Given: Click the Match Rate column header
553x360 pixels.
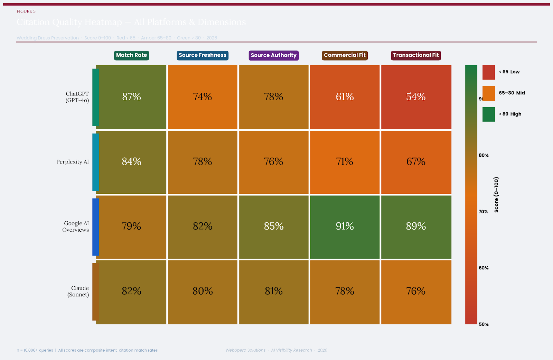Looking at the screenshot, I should tap(131, 55).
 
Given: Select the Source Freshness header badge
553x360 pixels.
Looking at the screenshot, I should tap(203, 55).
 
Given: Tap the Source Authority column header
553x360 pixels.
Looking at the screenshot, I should tap(273, 55).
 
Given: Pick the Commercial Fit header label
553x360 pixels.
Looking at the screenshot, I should tap(345, 55).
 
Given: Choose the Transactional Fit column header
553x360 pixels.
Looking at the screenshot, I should tap(416, 55).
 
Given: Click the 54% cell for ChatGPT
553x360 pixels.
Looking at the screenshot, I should tap(416, 97).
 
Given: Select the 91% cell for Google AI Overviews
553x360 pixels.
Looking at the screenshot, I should tap(345, 227).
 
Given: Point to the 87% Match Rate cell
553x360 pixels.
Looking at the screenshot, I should tap(131, 97).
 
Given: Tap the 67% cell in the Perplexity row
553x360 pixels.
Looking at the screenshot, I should tap(416, 161).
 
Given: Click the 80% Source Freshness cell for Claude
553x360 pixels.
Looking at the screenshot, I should tap(203, 291).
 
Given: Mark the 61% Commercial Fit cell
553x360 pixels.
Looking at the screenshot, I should tap(345, 97).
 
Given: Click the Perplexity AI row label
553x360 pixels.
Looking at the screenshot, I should tap(73, 162).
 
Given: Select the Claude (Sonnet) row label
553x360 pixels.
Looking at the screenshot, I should tap(78, 291).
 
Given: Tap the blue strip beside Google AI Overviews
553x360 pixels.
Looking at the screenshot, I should tap(96, 227).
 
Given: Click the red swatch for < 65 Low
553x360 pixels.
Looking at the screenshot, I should tap(488, 72).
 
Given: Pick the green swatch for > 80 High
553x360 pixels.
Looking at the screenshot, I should tap(488, 114).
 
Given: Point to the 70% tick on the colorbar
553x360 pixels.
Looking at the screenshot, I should tap(483, 212).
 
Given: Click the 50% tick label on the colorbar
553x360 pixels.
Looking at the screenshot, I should tap(484, 324).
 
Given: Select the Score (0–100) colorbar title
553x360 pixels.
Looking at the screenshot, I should tap(496, 195).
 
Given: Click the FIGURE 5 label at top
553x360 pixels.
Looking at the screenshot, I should tap(26, 11).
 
